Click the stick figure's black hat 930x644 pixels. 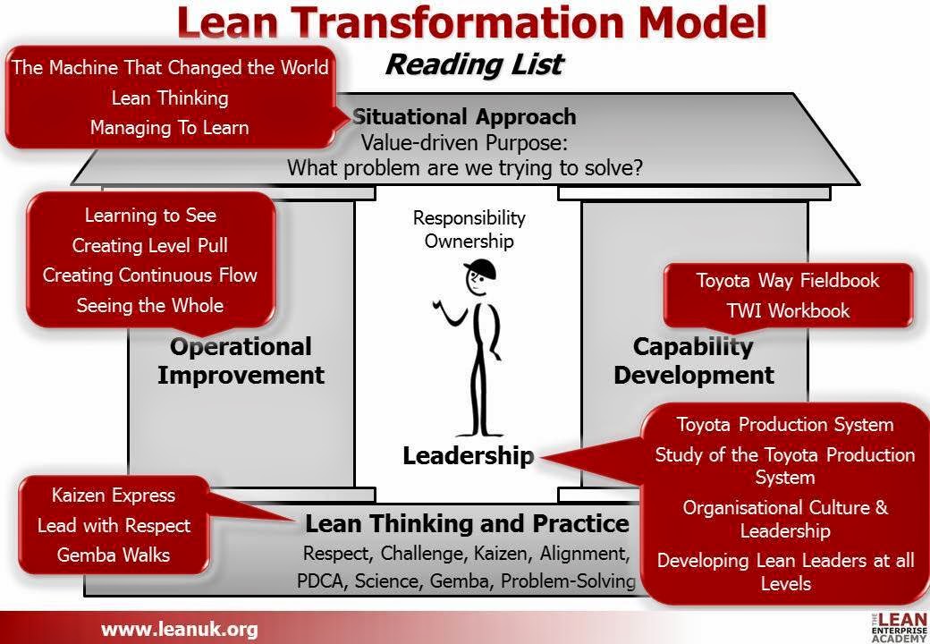480,268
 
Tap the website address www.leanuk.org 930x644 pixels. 179,629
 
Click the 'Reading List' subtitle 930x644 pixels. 475,64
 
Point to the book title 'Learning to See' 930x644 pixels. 150,216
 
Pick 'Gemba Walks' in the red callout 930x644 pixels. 114,555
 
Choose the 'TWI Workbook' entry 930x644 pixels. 788,310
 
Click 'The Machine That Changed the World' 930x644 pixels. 170,68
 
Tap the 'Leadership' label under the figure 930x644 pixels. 468,456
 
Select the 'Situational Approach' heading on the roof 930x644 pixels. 464,117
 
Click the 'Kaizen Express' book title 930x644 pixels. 114,496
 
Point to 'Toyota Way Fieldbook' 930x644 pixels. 788,281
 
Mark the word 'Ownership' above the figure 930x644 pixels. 469,241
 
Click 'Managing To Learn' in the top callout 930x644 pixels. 170,128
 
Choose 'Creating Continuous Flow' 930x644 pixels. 150,275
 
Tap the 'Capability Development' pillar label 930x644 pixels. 693,361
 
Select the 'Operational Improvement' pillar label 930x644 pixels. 241,361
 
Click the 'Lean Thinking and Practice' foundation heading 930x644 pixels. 467,523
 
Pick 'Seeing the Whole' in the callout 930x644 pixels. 150,305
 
